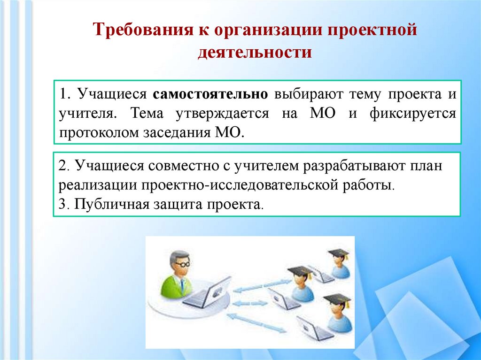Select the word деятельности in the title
click(x=254, y=52)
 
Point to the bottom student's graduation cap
click(x=337, y=299)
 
